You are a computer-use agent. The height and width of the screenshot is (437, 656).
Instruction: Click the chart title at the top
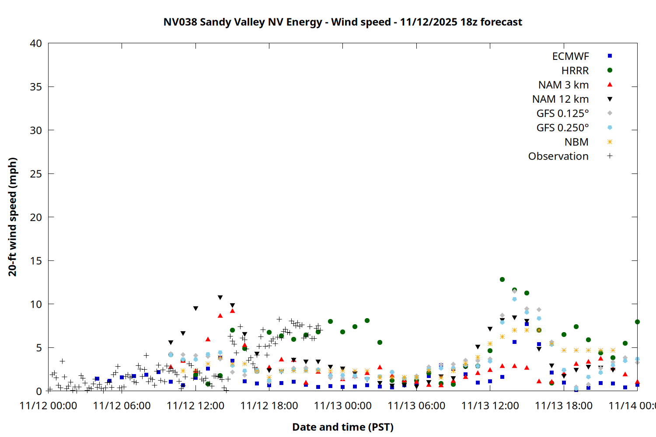click(342, 22)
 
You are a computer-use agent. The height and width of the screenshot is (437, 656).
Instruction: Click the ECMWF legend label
click(570, 56)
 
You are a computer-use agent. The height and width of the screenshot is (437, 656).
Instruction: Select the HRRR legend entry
click(575, 71)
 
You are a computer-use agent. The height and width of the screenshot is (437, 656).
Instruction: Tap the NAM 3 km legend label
click(563, 85)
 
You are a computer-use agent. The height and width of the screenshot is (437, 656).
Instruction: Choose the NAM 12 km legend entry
click(560, 99)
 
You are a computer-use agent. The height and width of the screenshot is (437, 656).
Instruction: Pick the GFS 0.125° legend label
click(562, 114)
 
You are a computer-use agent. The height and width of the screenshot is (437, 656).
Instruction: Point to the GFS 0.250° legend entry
click(562, 128)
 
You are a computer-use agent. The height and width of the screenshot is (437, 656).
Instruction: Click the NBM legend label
click(576, 142)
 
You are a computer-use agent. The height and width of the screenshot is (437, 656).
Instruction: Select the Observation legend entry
click(558, 156)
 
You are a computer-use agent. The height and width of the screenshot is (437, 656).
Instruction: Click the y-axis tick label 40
click(36, 43)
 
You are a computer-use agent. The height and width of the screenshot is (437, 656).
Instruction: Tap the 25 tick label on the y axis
click(36, 174)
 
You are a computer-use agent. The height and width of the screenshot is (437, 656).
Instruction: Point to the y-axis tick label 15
click(36, 261)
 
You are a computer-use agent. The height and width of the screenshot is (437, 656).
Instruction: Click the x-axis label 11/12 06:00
click(122, 406)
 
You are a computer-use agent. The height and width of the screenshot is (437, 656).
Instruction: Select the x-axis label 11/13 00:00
click(342, 406)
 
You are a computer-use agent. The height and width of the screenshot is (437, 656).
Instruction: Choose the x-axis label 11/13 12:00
click(490, 406)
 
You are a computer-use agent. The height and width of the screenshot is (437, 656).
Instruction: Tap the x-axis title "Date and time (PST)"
click(342, 427)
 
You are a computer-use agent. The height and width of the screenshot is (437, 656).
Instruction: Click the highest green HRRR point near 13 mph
click(502, 279)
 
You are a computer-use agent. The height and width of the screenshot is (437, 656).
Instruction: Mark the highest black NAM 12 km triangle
click(220, 298)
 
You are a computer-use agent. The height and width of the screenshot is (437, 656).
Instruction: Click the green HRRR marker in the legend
click(610, 70)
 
